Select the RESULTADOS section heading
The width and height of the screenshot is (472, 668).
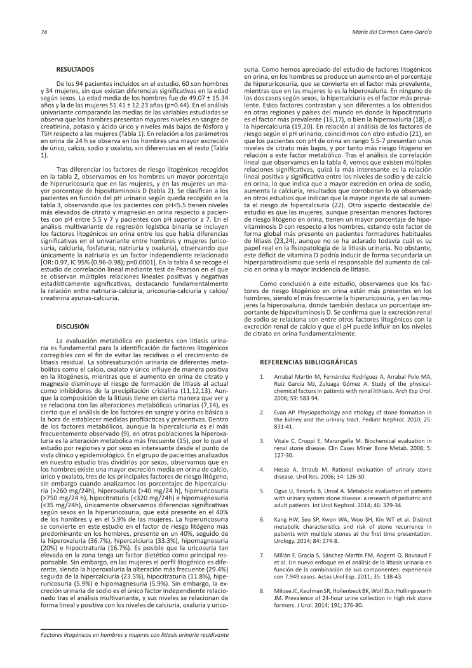[75, 68]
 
